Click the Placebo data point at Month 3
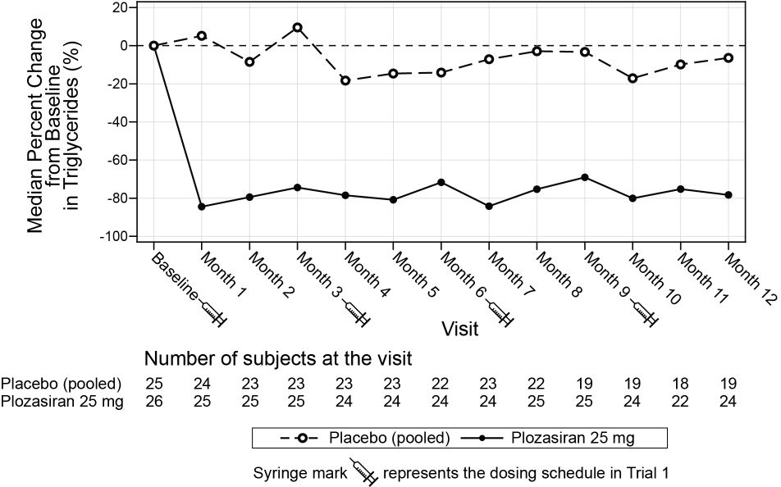click(x=297, y=27)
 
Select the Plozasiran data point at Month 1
click(x=201, y=207)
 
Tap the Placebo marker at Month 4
click(x=345, y=80)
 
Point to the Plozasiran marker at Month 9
click(x=585, y=177)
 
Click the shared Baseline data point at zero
click(x=153, y=45)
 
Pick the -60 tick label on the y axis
click(x=119, y=160)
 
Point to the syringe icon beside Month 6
click(x=501, y=314)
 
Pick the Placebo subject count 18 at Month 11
click(x=680, y=384)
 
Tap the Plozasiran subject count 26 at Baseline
click(x=153, y=401)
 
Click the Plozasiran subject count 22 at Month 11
click(x=680, y=401)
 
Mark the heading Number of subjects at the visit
click(x=277, y=359)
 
